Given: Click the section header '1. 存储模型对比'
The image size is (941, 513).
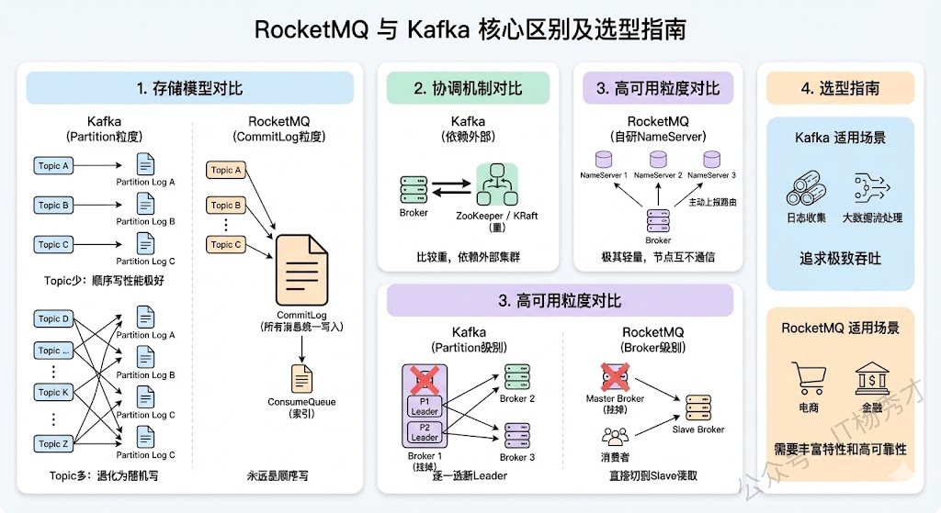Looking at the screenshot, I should point(189,88).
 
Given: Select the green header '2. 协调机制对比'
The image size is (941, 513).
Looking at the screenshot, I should point(468,88).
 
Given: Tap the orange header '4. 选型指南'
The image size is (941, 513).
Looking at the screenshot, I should point(840,88).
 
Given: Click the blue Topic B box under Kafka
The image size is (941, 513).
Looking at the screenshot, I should point(54,206).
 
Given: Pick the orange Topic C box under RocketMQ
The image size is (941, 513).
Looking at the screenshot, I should point(227,245).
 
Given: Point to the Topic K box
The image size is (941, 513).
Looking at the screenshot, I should point(54,392).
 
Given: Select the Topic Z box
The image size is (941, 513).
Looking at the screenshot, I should point(54,443).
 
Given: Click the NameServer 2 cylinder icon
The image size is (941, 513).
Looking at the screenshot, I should point(658,159).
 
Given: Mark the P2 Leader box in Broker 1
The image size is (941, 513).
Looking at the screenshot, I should point(425,431).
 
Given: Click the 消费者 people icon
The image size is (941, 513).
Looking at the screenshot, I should point(615,436).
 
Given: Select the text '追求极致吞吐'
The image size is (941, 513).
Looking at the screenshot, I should point(840,259).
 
